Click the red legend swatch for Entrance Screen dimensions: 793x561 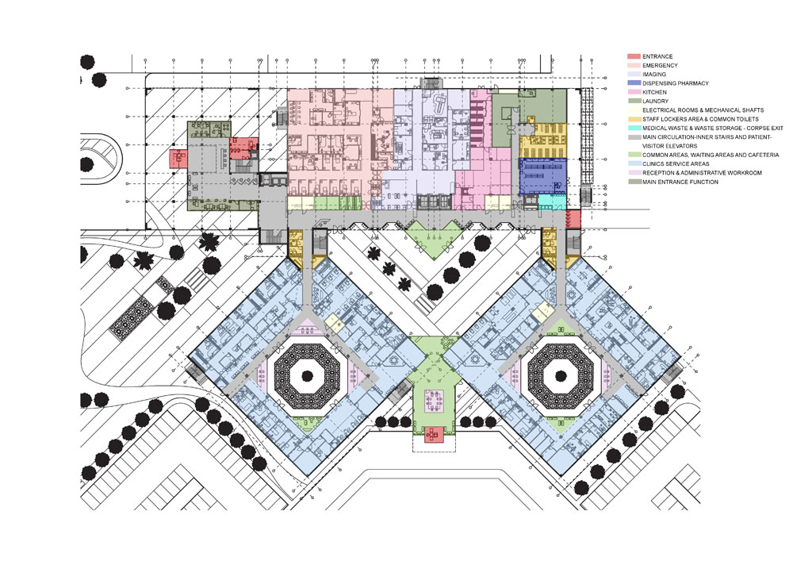click(634, 56)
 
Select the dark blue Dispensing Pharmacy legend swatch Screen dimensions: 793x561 click(634, 83)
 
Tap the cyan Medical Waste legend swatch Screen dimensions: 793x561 click(634, 128)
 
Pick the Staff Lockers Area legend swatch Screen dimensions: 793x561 click(634, 119)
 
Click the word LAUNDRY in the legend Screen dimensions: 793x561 click(656, 102)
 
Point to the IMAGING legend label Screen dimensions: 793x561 click(654, 75)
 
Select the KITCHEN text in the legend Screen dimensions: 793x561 click(654, 92)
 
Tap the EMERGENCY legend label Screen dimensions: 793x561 click(660, 65)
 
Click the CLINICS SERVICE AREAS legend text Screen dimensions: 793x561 click(676, 164)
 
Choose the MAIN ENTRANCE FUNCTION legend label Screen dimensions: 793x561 click(680, 182)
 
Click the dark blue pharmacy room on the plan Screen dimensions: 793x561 click(542, 175)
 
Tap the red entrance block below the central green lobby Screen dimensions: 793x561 click(434, 435)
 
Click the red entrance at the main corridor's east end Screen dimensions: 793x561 click(573, 219)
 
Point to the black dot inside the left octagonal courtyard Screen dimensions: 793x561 click(306, 375)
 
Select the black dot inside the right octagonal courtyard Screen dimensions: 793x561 click(561, 375)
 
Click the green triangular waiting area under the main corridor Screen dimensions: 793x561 click(434, 236)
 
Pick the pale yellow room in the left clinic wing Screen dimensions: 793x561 click(334, 322)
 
